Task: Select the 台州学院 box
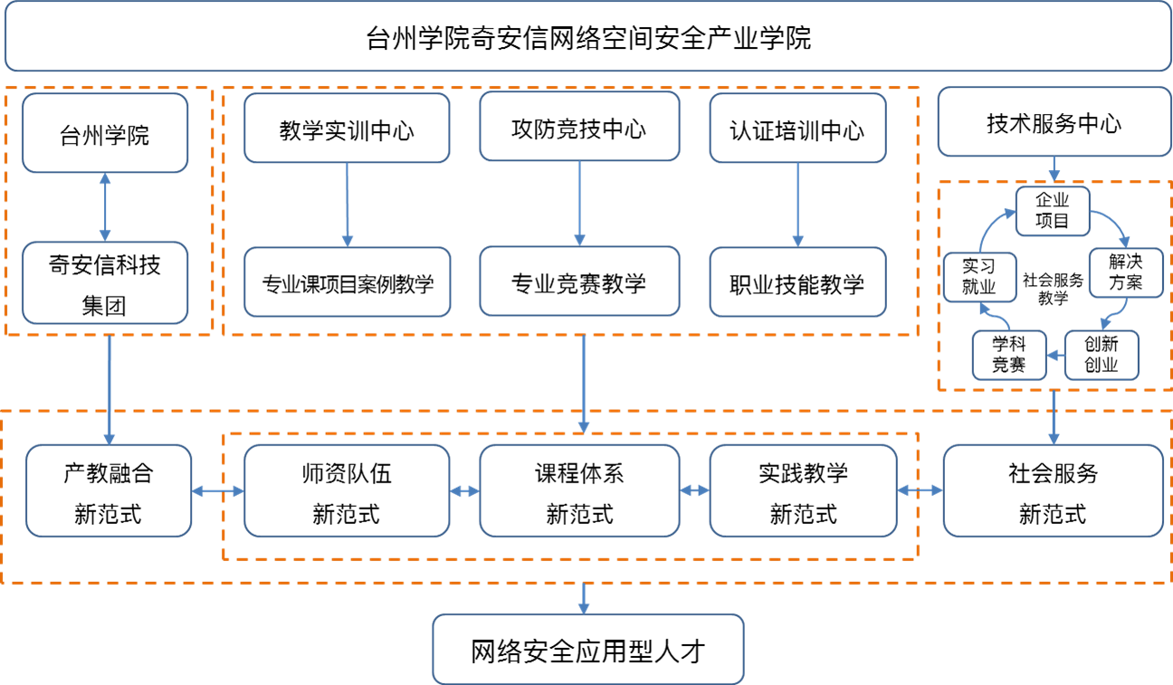(105, 134)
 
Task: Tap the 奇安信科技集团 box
(105, 283)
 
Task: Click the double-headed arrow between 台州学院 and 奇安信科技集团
(106, 206)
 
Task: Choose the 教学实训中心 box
(347, 129)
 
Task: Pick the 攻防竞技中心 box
(579, 128)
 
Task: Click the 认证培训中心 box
(797, 129)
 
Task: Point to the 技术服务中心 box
(1054, 123)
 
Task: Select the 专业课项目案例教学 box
(348, 282)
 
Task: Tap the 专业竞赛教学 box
(579, 282)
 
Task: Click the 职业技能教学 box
(797, 282)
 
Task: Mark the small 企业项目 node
(1053, 211)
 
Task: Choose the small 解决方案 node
(1125, 272)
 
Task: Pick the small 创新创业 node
(1101, 355)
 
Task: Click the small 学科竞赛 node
(1008, 355)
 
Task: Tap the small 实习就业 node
(978, 277)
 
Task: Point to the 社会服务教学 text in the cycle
(1053, 289)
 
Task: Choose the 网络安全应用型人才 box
(587, 649)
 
